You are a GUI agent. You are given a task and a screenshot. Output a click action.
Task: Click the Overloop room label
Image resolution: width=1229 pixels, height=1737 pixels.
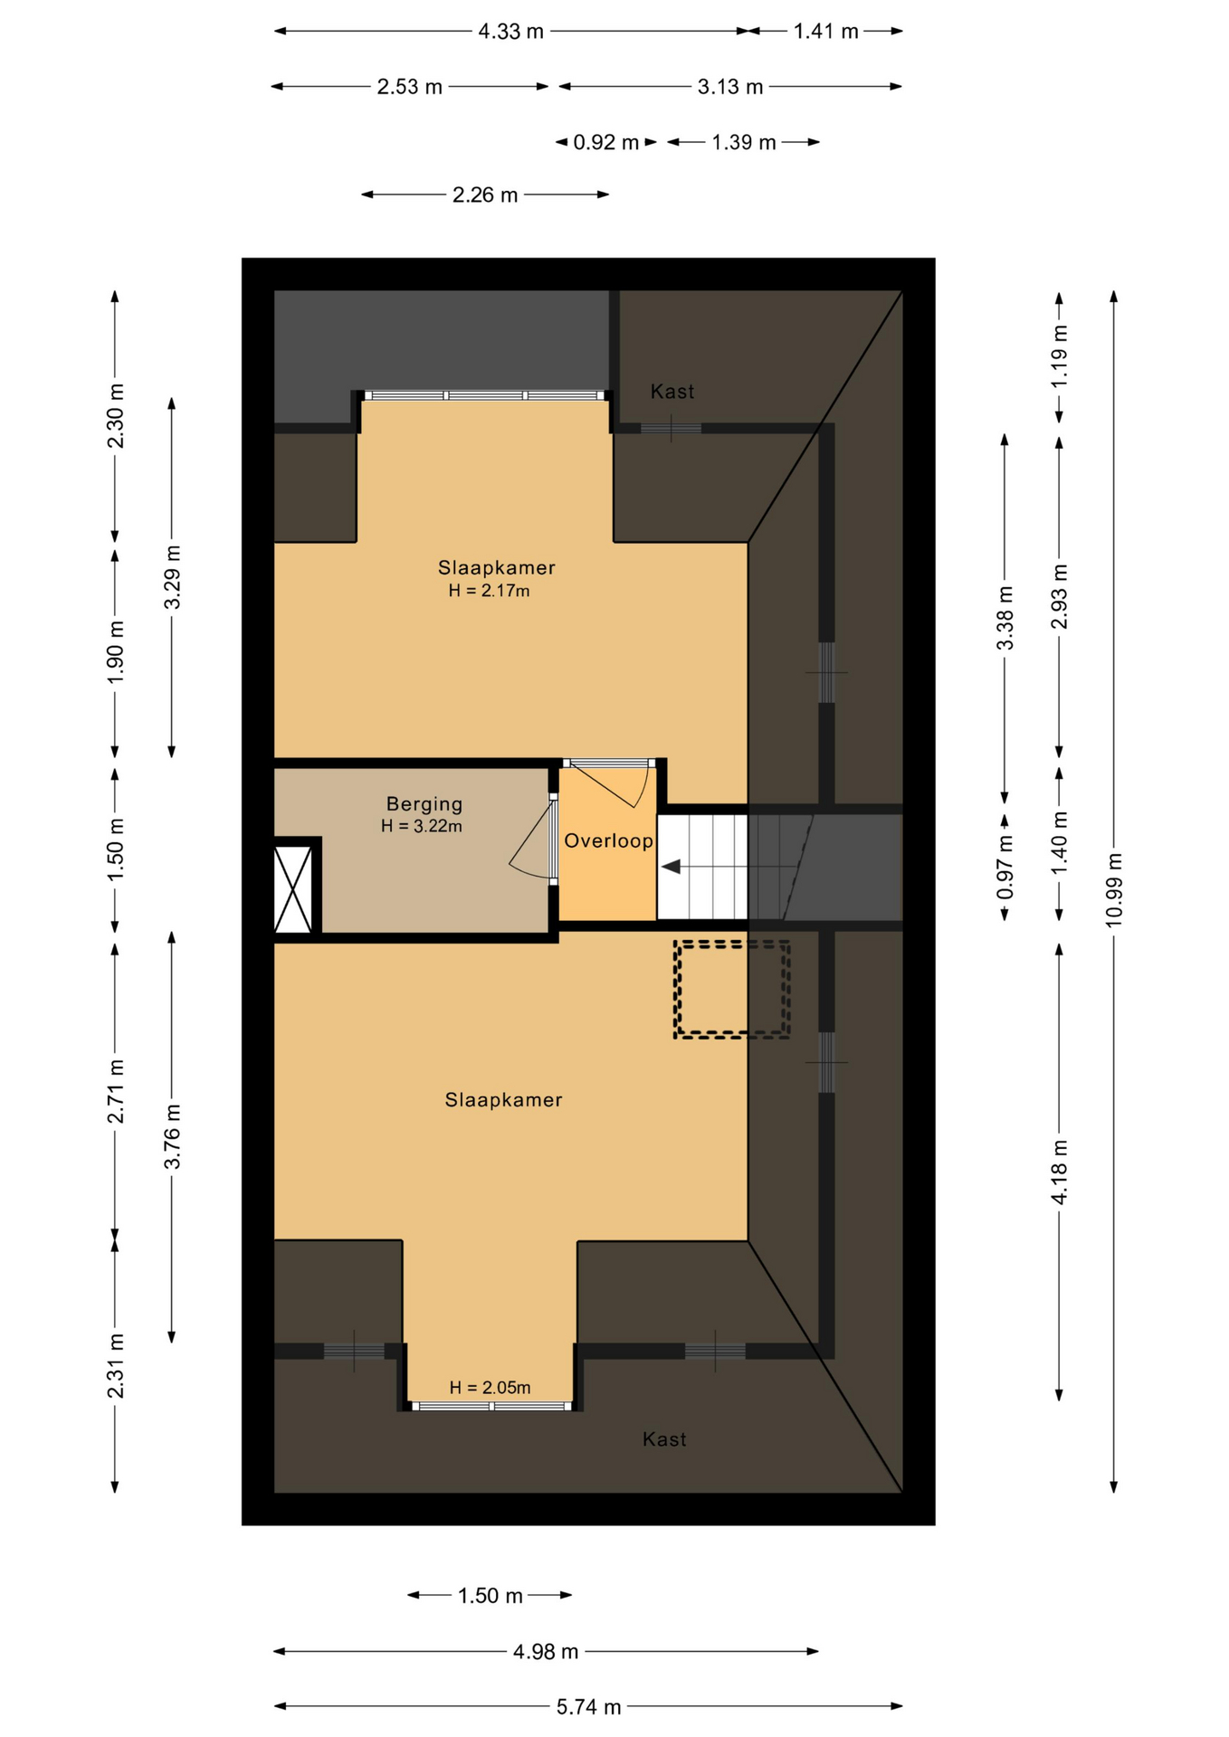tap(608, 841)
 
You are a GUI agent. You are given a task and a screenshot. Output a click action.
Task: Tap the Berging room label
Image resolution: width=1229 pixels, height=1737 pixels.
tap(424, 804)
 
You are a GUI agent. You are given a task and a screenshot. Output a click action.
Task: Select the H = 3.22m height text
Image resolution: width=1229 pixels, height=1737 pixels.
tap(422, 826)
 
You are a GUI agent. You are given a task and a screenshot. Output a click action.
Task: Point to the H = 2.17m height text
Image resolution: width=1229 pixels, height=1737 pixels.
tap(489, 591)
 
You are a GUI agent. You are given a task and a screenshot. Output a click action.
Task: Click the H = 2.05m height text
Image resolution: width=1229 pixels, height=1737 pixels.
tap(490, 1388)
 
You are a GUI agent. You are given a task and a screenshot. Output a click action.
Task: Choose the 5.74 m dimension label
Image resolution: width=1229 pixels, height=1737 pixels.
tap(588, 1707)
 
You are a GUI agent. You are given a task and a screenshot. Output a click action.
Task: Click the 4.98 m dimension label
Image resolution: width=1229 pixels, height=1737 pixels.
tap(546, 1652)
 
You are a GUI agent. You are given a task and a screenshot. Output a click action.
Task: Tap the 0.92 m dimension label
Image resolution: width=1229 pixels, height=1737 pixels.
tap(606, 143)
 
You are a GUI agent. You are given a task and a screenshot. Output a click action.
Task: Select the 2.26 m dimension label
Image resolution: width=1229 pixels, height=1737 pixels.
tap(485, 195)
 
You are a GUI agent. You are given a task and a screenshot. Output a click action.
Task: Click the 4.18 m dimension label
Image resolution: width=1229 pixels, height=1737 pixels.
tap(1059, 1172)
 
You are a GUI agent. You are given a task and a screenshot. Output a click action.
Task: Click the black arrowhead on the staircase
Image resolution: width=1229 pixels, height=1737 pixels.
tap(671, 868)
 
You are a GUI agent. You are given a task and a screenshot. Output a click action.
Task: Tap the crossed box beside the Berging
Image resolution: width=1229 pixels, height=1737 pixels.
tap(293, 889)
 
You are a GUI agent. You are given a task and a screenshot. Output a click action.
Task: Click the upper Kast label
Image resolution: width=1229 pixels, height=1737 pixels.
tap(672, 392)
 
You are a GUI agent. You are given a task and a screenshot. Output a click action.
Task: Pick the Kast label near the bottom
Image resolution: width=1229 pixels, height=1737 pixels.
tap(664, 1439)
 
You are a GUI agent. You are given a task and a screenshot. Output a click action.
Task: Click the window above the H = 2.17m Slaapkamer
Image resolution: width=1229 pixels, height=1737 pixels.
tap(484, 395)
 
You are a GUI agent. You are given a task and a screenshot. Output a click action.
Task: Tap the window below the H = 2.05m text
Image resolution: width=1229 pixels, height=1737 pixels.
tap(491, 1407)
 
